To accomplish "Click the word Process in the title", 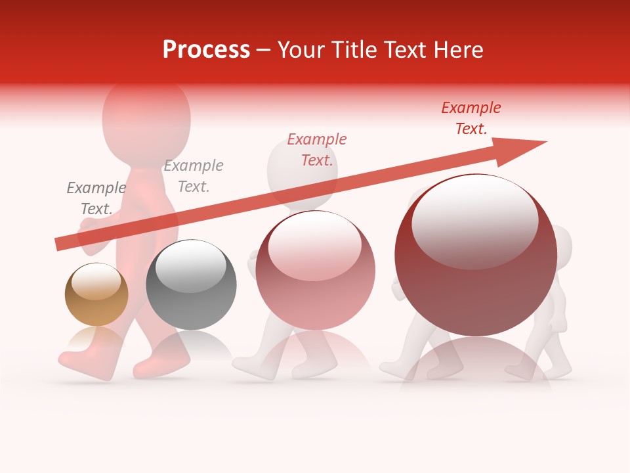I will tap(206, 50).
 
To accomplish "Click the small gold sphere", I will tap(96, 294).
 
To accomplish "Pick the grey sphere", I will tap(191, 285).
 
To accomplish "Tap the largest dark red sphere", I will tap(476, 256).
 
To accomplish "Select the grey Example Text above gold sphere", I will tap(96, 198).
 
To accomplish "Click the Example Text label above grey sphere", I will tap(194, 175).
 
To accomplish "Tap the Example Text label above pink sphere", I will tap(317, 149).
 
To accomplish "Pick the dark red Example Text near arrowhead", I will tap(471, 118).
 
